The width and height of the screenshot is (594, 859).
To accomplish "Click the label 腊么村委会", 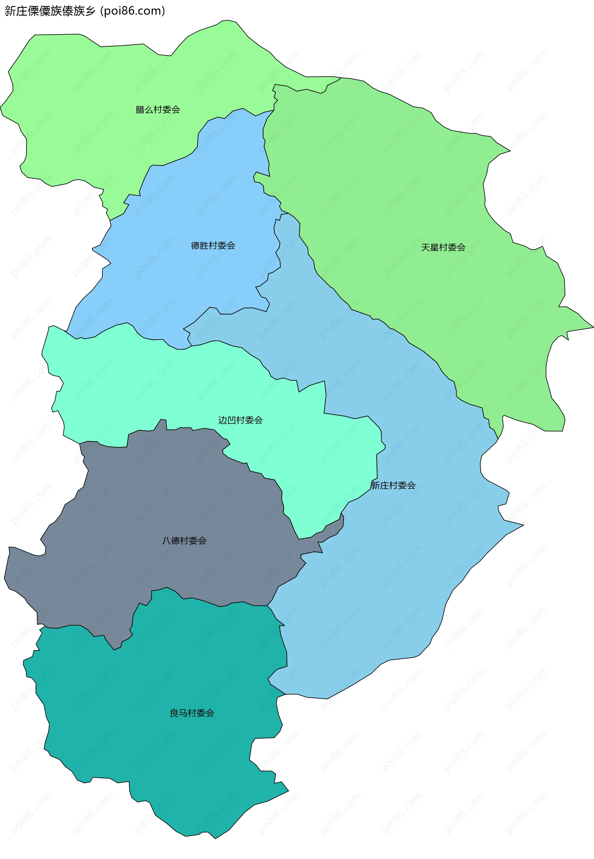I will click(157, 110).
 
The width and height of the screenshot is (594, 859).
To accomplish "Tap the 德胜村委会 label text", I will click(213, 246).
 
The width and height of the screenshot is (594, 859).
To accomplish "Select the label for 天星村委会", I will click(443, 247).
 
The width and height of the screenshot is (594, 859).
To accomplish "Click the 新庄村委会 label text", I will click(393, 485).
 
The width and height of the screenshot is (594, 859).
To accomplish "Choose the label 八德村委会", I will click(184, 541).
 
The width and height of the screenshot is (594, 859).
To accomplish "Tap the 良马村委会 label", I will click(192, 713).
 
